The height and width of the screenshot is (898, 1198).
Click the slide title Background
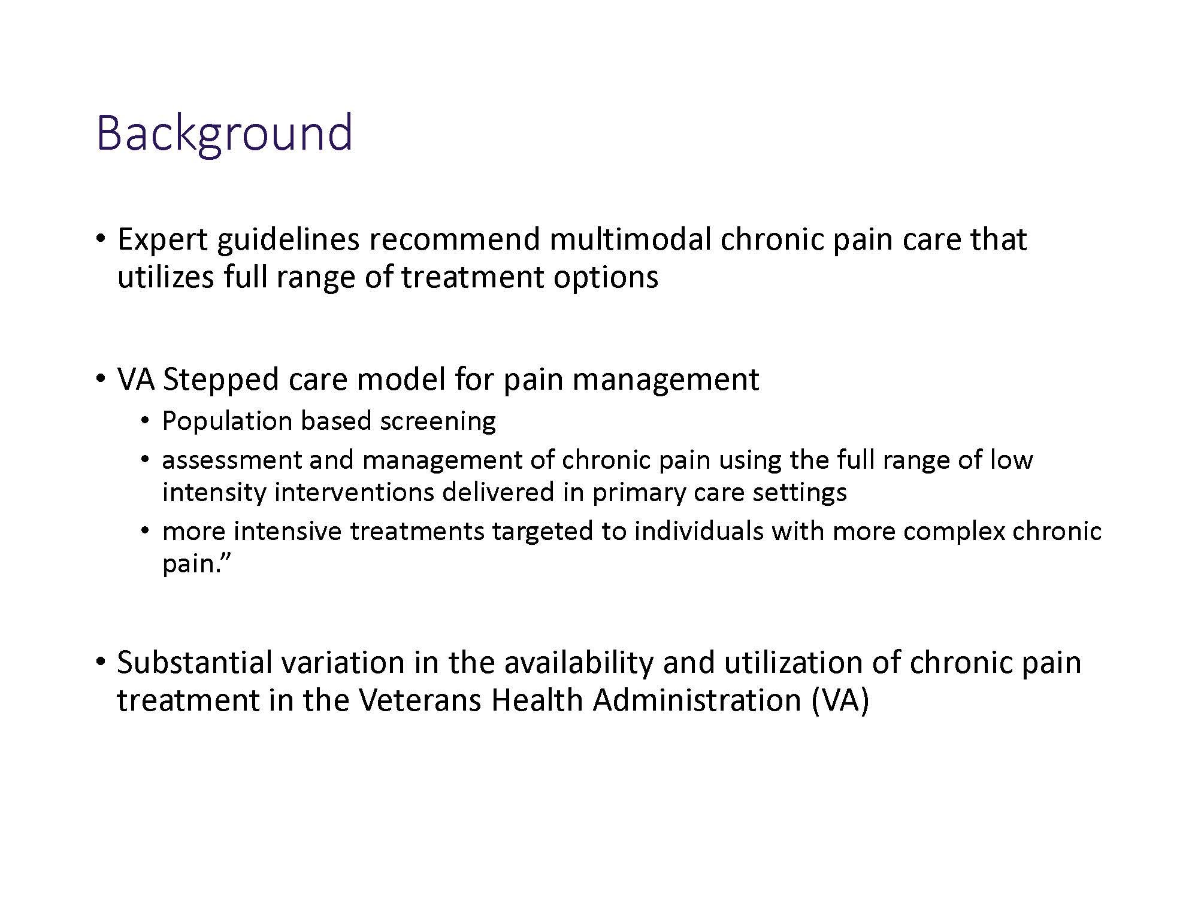(224, 133)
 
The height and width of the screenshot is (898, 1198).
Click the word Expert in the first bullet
(162, 239)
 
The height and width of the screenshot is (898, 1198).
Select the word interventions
(354, 492)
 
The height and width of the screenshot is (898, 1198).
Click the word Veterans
(420, 700)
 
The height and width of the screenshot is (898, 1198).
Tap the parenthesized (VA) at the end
(840, 700)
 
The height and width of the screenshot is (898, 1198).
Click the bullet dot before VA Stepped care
(101, 380)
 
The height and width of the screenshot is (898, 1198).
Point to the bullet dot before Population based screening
(145, 421)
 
